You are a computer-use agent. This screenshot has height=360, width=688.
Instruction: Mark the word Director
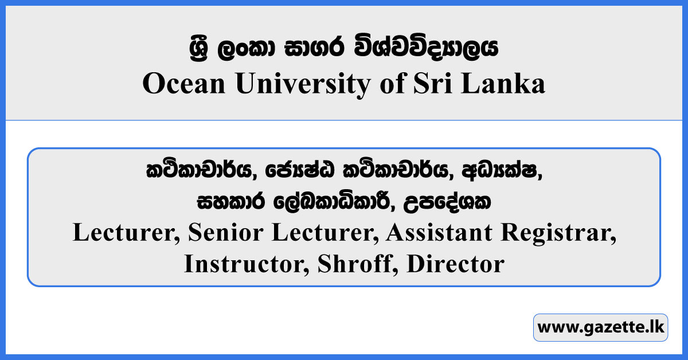click(x=455, y=264)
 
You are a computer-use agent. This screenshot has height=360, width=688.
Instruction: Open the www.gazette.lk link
click(x=600, y=328)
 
